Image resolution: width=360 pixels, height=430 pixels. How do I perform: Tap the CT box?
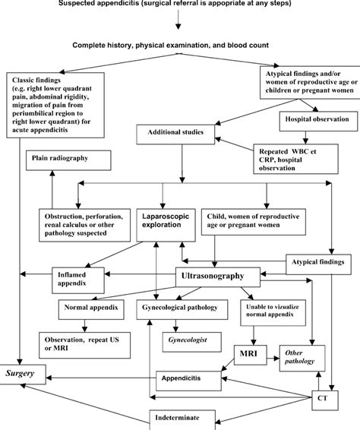click(x=330, y=397)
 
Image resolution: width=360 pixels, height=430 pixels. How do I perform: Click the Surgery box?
click(x=28, y=373)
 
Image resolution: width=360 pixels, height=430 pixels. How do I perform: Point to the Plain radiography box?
click(x=68, y=160)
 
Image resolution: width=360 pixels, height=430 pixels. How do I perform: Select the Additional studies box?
click(x=175, y=132)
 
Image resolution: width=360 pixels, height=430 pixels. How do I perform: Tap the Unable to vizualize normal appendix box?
click(x=264, y=315)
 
